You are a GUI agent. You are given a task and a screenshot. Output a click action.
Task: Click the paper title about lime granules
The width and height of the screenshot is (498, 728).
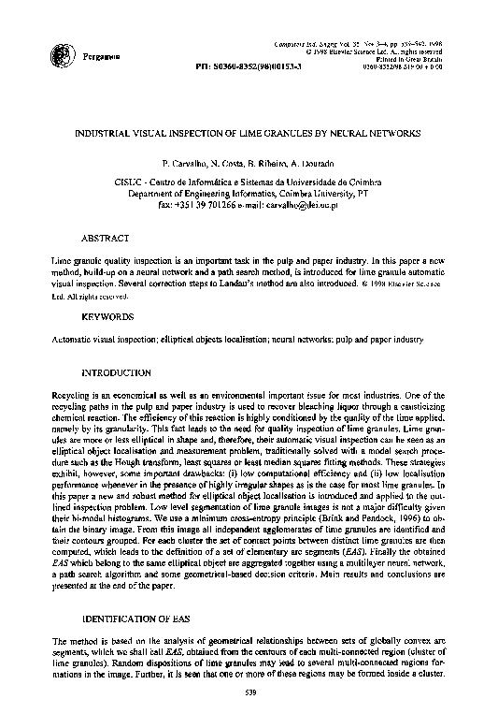click(x=249, y=134)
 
